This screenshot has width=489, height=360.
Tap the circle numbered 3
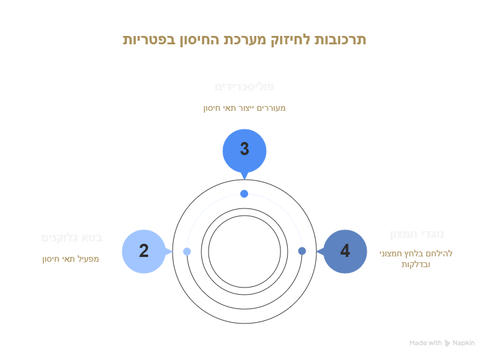click(x=244, y=150)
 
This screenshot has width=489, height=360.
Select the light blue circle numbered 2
click(x=144, y=251)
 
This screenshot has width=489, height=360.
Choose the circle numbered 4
click(x=345, y=251)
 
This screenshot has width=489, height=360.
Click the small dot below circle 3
click(x=244, y=193)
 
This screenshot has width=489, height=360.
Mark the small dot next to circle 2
click(x=187, y=252)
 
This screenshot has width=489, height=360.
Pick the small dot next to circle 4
click(x=302, y=251)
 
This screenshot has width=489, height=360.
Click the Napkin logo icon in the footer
click(x=447, y=343)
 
